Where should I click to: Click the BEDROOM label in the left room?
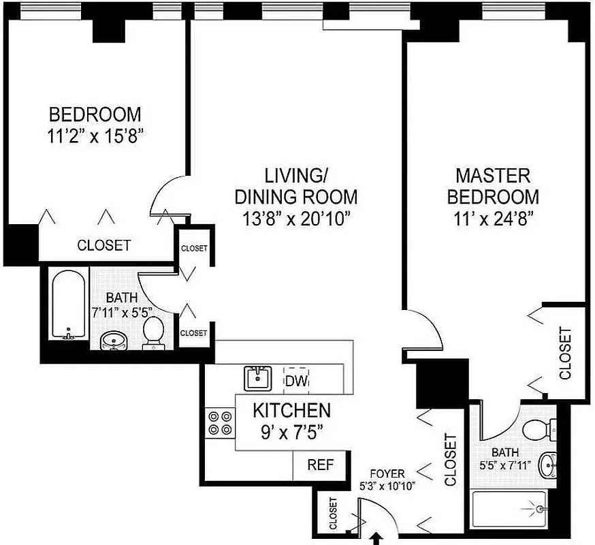(x=95, y=114)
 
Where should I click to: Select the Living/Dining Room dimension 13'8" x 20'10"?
(x=295, y=219)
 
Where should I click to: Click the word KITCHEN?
(x=291, y=410)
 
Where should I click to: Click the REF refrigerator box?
(x=320, y=465)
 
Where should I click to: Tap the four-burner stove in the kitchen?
(x=219, y=422)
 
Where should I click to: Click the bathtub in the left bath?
(x=67, y=305)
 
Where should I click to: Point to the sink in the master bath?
(x=547, y=466)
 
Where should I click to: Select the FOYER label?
(x=387, y=473)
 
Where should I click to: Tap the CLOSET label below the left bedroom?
(x=103, y=245)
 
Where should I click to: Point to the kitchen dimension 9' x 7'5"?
(x=291, y=431)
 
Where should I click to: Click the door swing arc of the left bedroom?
(x=165, y=192)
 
